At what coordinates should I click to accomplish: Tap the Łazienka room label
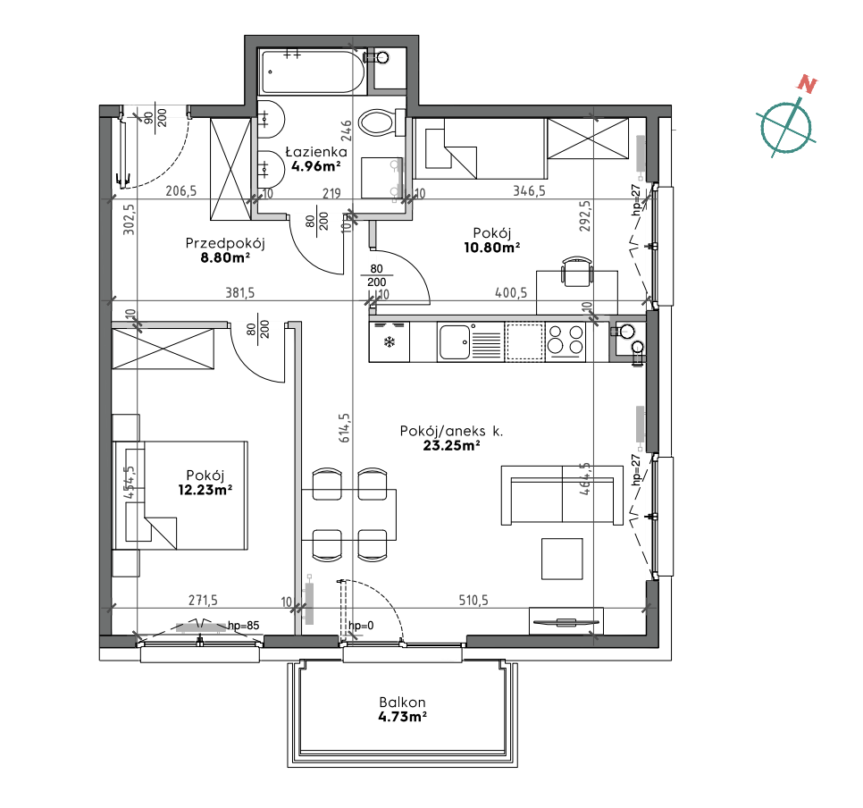click(316, 151)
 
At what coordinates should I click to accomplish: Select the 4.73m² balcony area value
click(403, 717)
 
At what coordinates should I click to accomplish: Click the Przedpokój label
click(225, 243)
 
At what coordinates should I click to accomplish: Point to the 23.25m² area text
click(451, 446)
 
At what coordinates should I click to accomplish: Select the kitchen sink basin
click(455, 341)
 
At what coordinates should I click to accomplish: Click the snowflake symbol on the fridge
click(390, 343)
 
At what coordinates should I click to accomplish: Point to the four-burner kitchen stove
click(566, 341)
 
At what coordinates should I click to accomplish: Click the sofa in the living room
click(562, 494)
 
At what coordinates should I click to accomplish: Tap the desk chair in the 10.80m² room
click(576, 271)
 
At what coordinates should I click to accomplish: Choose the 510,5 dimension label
click(473, 600)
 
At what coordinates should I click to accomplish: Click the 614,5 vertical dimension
click(345, 428)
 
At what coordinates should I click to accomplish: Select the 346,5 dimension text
click(529, 190)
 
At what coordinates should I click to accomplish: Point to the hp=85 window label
click(243, 626)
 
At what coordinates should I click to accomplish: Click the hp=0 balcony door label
click(361, 626)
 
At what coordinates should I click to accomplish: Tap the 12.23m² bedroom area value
click(205, 489)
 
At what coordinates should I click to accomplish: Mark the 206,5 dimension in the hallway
click(181, 190)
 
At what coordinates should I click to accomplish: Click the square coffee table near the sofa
click(562, 559)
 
